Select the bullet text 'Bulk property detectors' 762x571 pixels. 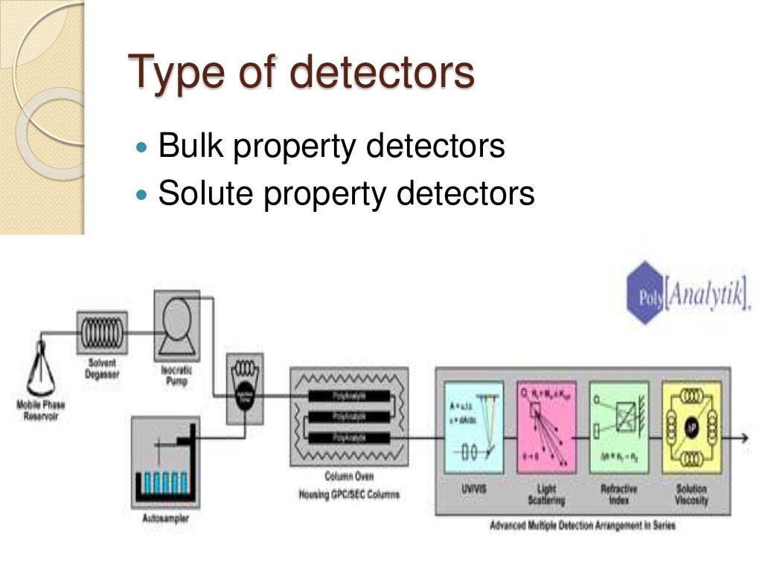[332, 146]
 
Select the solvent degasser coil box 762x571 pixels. [102, 332]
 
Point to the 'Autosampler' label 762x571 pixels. [165, 517]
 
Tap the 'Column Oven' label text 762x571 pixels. [348, 477]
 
